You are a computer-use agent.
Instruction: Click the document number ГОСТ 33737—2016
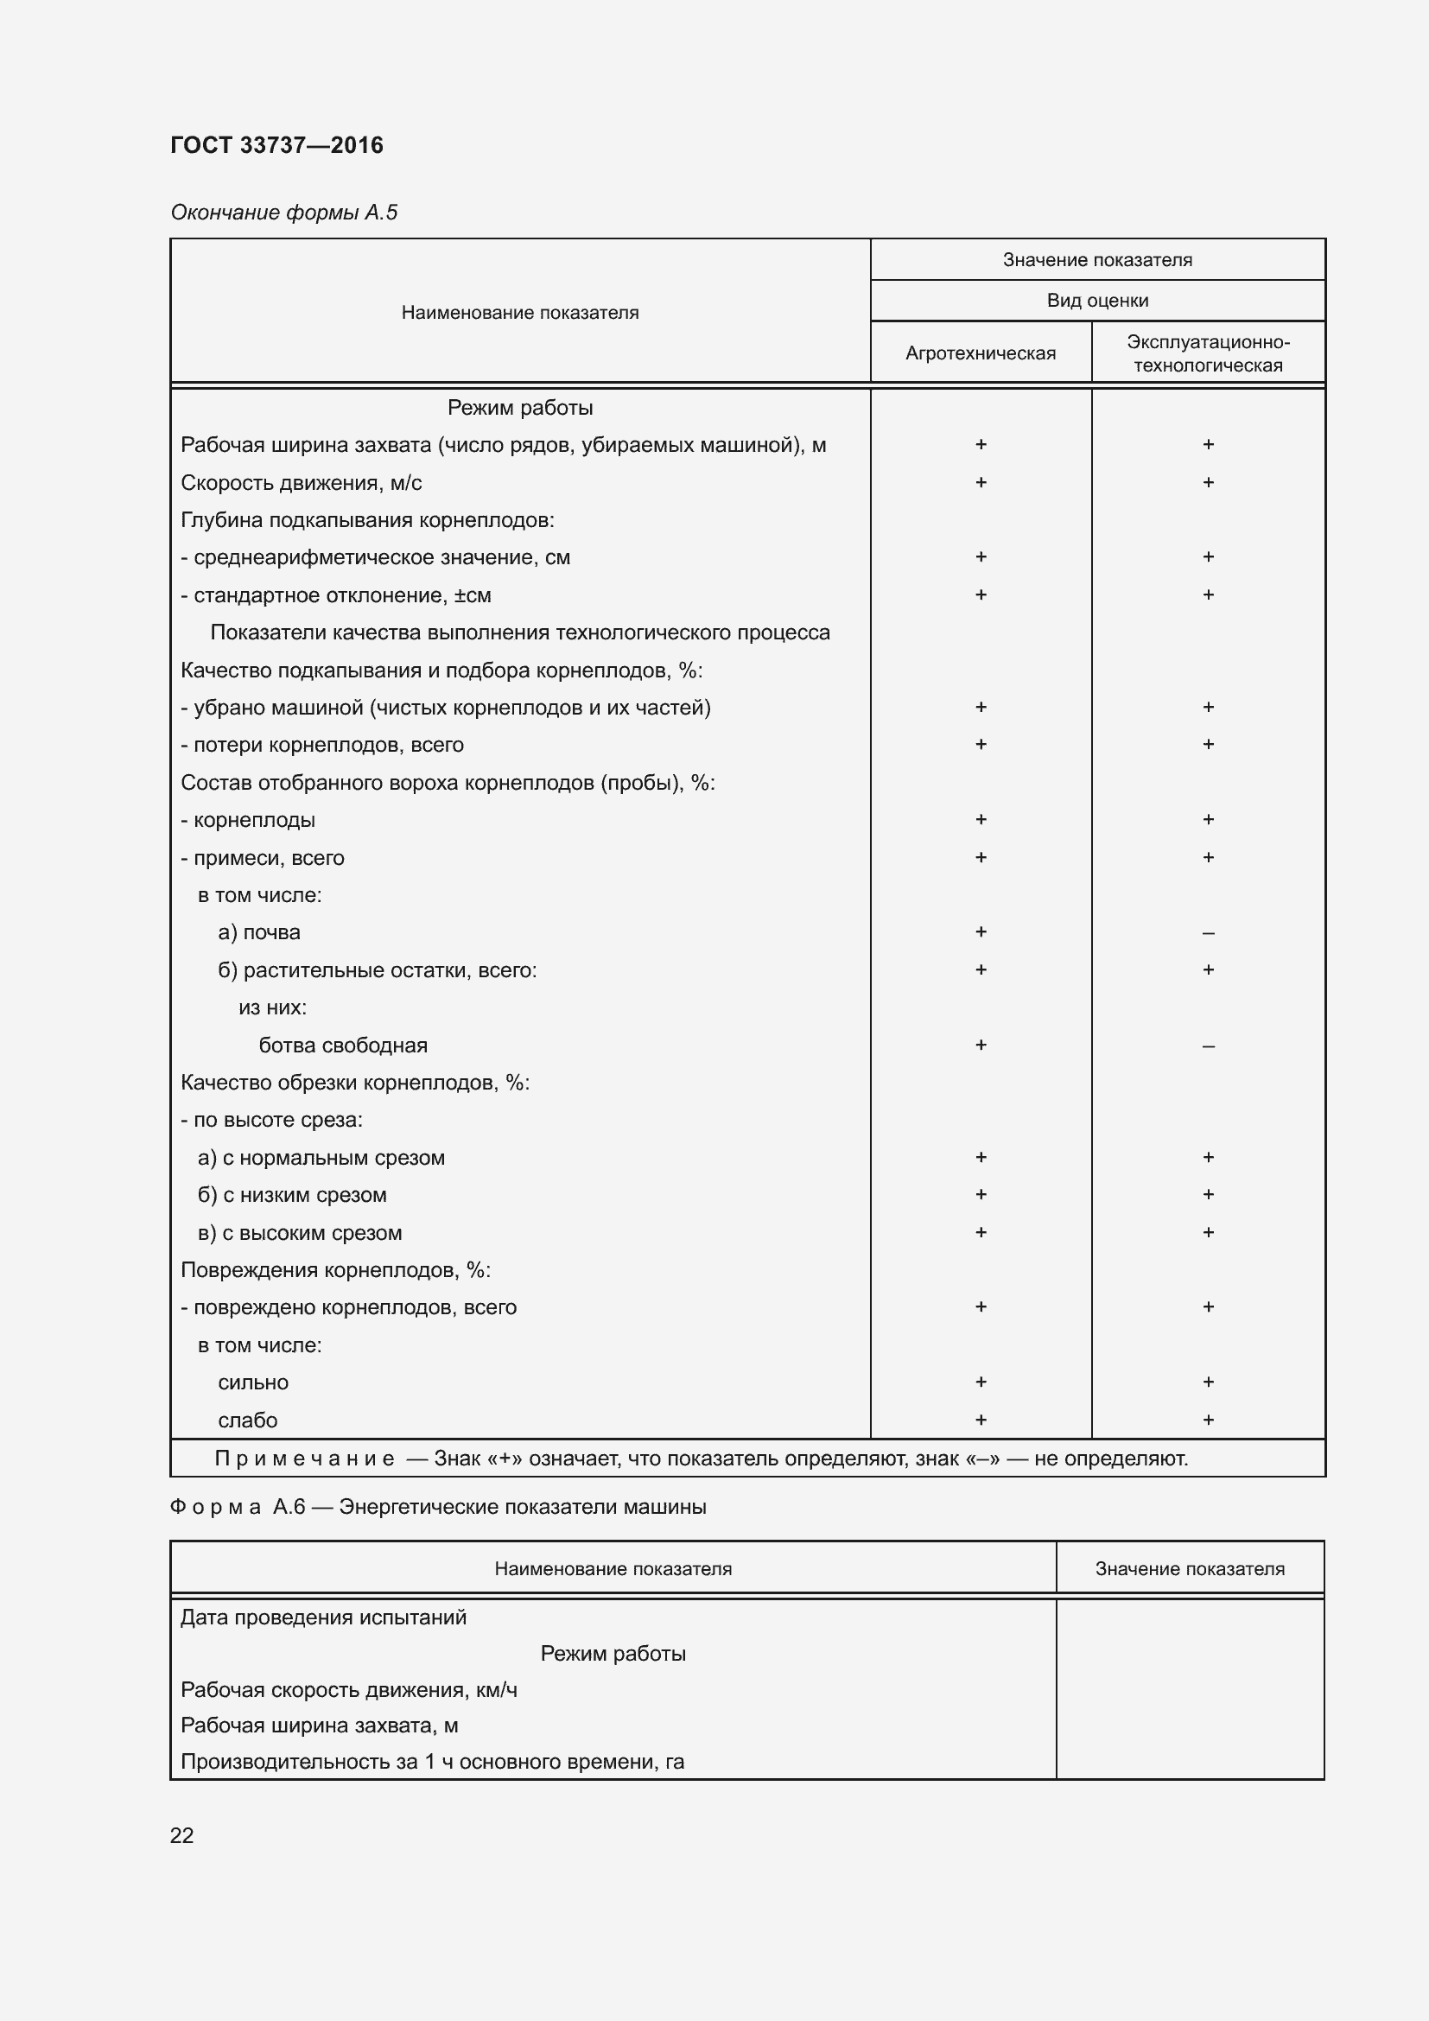tap(276, 145)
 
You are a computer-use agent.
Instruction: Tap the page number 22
tap(181, 1835)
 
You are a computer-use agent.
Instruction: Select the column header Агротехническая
tap(981, 353)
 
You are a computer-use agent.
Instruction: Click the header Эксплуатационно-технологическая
tap(1207, 353)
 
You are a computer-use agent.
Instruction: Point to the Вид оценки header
tap(1097, 300)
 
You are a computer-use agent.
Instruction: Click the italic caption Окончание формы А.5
tap(283, 213)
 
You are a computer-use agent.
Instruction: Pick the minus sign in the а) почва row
tap(1208, 933)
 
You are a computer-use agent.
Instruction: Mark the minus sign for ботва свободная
tap(1208, 1046)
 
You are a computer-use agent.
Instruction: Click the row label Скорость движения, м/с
tap(301, 482)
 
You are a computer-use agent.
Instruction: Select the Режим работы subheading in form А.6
tap(613, 1653)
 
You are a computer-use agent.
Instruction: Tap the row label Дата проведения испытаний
tap(323, 1617)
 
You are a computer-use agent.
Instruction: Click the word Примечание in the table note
tap(304, 1459)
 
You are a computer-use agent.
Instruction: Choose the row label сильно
tap(253, 1382)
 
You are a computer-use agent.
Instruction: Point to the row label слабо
tap(247, 1420)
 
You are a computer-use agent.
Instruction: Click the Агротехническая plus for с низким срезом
tap(981, 1194)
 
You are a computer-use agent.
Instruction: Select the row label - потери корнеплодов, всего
tap(322, 745)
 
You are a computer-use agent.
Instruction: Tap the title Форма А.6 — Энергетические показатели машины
tap(437, 1507)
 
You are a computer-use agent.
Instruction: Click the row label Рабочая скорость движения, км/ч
tap(348, 1689)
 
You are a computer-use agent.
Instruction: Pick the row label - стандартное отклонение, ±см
tap(335, 595)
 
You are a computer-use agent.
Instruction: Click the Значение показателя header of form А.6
tap(1190, 1568)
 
